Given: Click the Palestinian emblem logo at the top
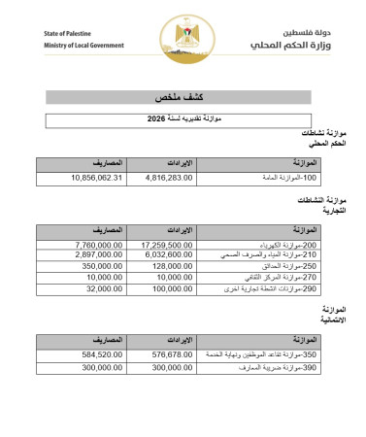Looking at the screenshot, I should [183, 38].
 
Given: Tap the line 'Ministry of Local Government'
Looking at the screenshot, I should [83, 46].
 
